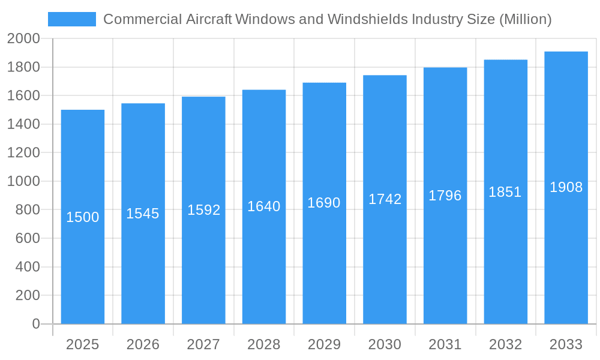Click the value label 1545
[x=143, y=214]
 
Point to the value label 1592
[x=204, y=210]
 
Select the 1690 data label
[x=324, y=203]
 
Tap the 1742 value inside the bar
[x=385, y=199]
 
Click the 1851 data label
[x=505, y=192]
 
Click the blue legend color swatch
[x=72, y=19]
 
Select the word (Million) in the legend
[x=525, y=19]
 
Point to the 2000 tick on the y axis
[x=23, y=39]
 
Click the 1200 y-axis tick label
[x=23, y=153]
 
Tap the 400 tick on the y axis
[x=28, y=267]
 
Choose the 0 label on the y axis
[x=35, y=324]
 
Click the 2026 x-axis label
[x=143, y=344]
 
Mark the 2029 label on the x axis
[x=324, y=344]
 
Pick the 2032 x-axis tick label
[x=505, y=344]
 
